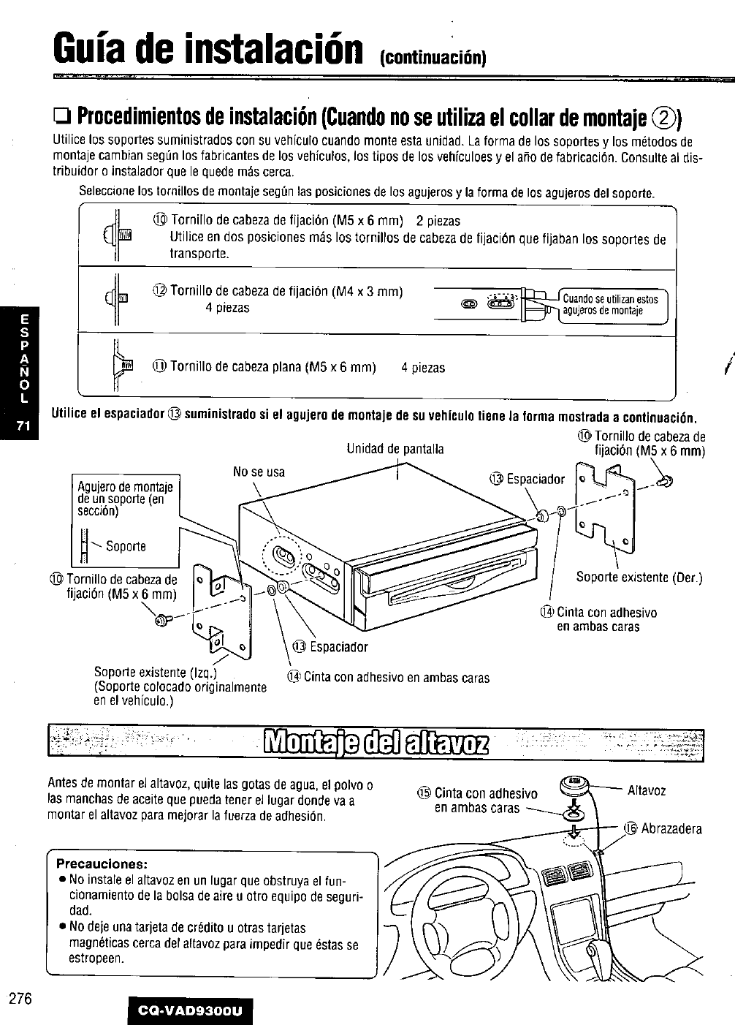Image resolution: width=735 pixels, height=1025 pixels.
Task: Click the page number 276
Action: [x=20, y=999]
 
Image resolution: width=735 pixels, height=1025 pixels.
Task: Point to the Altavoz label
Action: [x=647, y=791]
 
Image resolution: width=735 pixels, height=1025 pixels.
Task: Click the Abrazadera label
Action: [x=671, y=829]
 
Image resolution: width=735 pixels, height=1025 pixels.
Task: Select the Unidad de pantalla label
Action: [x=395, y=449]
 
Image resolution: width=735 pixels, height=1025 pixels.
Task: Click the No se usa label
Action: [x=259, y=472]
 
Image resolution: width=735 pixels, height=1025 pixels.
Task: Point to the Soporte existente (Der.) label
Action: [x=639, y=578]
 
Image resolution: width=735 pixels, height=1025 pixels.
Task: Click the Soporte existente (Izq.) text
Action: [x=156, y=672]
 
